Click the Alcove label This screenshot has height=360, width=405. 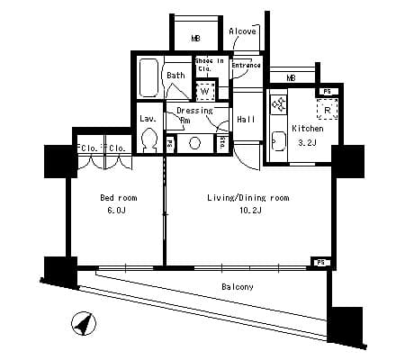click(242, 31)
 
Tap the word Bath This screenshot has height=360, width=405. click(175, 76)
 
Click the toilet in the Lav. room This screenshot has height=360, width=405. click(149, 141)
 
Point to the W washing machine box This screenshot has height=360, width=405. click(205, 91)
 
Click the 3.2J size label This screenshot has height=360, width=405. click(306, 141)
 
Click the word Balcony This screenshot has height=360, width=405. click(238, 287)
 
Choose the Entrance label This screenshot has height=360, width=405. click(247, 66)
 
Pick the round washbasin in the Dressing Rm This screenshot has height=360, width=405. click(193, 142)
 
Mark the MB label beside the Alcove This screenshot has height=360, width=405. click(195, 38)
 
